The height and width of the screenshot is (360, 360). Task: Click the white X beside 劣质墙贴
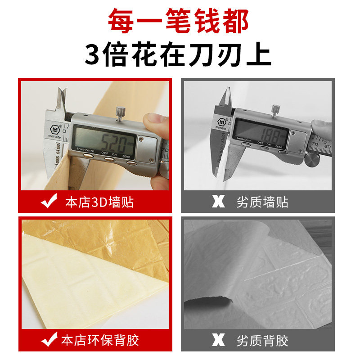coord(218,201)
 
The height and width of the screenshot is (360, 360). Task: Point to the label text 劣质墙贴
coord(261,202)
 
